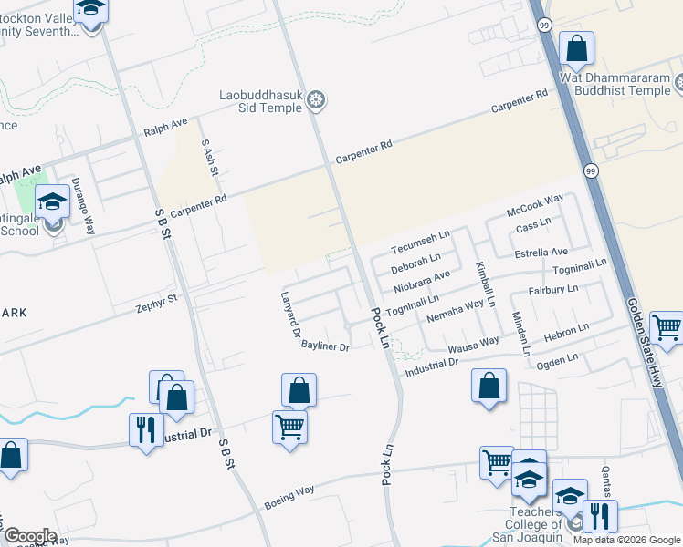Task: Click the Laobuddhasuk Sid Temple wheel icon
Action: tap(317, 100)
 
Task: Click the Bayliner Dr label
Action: tap(326, 347)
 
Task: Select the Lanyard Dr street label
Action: tap(291, 315)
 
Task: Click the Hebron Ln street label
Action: tap(566, 333)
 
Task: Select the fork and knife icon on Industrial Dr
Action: tap(146, 428)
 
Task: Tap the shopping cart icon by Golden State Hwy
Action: tap(668, 326)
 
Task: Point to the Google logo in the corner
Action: tap(29, 536)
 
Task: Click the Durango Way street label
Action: tap(83, 206)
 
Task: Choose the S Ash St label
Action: tap(211, 157)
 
